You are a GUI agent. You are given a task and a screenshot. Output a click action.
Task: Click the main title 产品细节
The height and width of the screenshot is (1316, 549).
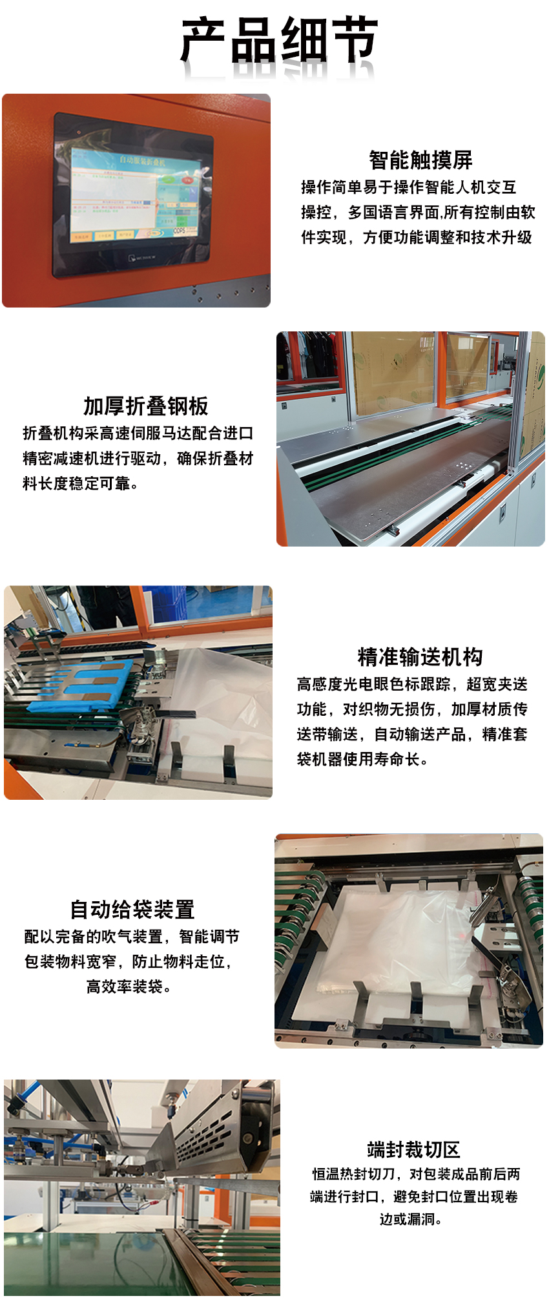279,40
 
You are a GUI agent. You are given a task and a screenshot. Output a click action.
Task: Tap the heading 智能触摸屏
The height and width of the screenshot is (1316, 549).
420,160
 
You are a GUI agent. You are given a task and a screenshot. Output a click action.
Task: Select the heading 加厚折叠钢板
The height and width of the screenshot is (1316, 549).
146,406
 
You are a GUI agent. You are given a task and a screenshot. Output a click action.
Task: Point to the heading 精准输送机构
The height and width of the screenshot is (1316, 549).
420,656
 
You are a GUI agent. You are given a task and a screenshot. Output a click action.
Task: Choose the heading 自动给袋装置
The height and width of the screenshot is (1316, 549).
132,909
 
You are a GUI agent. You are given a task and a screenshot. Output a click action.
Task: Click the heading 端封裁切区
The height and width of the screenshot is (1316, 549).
413,1149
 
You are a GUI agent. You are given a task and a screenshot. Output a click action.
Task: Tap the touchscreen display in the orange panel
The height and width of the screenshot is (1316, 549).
134,196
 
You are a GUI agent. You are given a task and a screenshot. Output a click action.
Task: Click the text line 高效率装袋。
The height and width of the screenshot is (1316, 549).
129,987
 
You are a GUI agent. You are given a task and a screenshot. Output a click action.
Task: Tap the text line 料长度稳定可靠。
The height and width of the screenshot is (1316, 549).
81,483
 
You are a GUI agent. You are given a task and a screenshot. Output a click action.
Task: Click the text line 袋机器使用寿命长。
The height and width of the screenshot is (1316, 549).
363,759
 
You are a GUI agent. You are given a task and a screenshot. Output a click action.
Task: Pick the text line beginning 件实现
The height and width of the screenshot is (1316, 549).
417,237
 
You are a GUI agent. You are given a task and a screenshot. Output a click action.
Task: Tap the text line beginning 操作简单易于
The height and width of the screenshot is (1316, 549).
409,187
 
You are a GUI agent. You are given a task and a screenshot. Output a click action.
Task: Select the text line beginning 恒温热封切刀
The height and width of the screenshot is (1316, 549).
416,1173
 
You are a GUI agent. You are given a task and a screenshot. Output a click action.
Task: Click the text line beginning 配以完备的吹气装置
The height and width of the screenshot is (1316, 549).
132,936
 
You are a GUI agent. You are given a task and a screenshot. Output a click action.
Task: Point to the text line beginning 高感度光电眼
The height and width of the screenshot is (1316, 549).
412,684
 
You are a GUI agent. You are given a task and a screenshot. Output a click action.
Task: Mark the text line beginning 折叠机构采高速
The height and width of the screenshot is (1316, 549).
138,433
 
